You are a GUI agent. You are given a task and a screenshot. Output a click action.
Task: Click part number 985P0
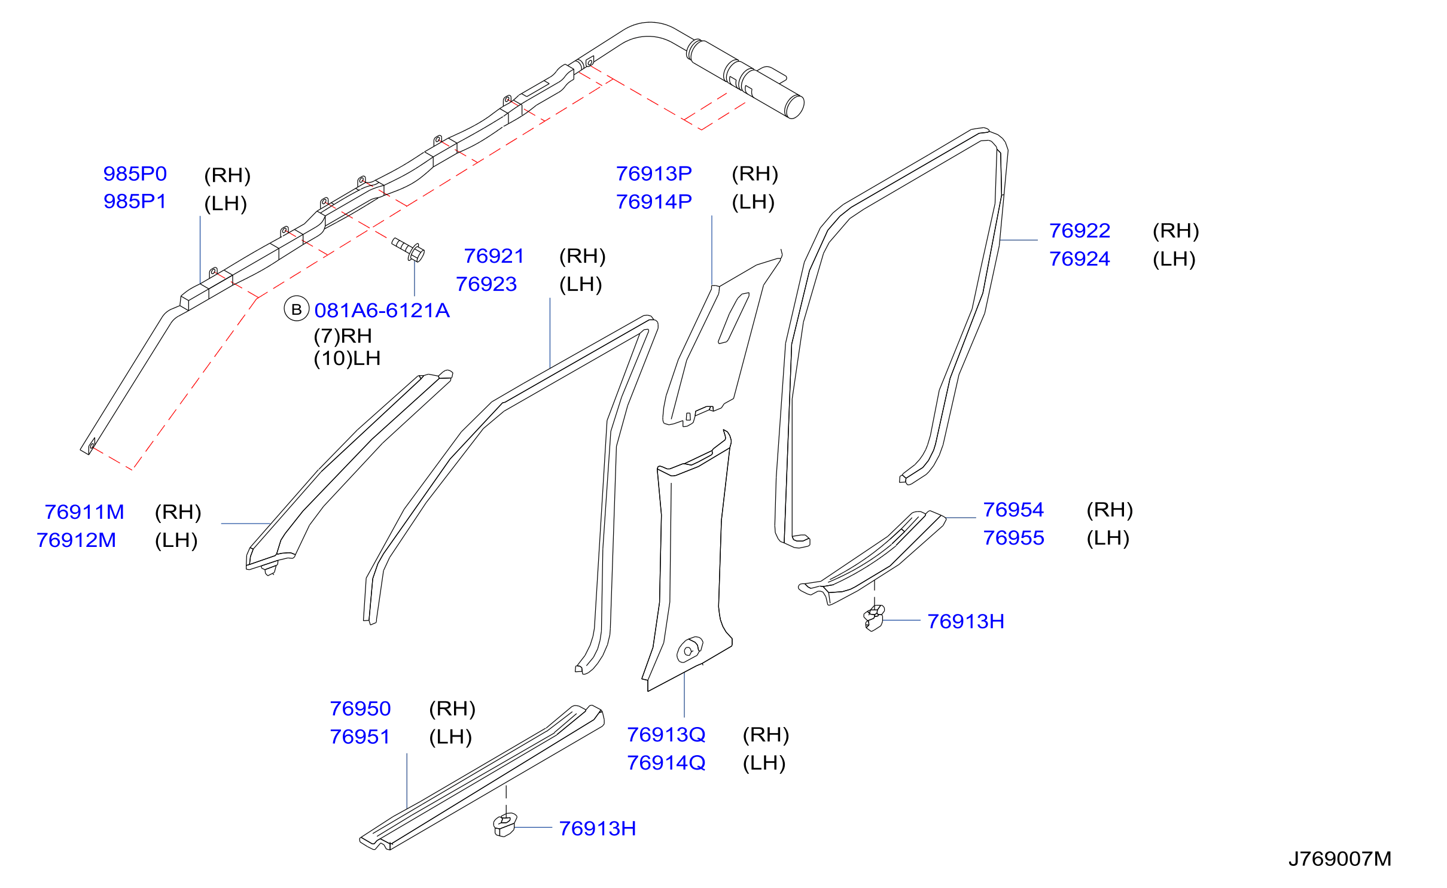point(135,174)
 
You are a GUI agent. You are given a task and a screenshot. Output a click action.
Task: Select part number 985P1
point(135,202)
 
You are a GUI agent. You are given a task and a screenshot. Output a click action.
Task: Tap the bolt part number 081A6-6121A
point(382,311)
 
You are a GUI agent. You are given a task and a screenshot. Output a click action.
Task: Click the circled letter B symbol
point(296,309)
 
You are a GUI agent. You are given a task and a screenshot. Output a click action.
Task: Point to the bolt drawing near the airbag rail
point(409,250)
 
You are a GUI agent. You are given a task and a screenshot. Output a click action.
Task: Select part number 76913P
point(654,174)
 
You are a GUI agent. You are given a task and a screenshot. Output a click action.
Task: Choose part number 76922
point(1080,231)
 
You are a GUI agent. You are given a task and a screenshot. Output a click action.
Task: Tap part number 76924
point(1080,259)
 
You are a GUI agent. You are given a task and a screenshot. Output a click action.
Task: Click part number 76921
point(494,256)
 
